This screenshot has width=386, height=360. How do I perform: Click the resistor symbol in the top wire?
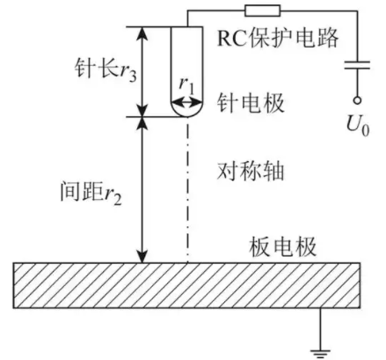263,11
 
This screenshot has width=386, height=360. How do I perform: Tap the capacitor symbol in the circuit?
357,65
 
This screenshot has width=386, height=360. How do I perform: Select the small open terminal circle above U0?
357,100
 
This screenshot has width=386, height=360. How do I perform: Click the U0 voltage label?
358,126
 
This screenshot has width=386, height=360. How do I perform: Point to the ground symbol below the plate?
320,353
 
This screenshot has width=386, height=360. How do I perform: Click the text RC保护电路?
278,38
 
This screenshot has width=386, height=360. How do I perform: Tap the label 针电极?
251,103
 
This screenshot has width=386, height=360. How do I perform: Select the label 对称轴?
251,171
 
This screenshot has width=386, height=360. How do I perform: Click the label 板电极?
283,247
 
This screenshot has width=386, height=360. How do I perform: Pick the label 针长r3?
106,70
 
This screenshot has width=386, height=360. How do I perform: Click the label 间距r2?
91,192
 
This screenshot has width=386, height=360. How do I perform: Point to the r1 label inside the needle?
187,86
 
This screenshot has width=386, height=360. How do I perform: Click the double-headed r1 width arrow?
187,103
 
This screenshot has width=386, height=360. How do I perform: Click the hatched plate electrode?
186,285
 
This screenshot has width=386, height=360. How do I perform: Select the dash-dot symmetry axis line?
187,190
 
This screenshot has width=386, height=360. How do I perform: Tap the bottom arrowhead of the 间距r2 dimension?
142,257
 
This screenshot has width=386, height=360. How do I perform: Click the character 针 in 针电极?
228,103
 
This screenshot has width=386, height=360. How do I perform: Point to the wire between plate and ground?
320,328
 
